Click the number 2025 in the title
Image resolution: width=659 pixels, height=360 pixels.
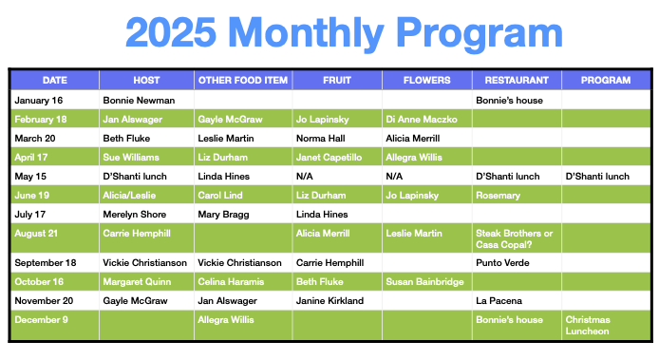pos(171,32)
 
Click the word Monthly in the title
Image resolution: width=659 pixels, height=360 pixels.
pos(306,34)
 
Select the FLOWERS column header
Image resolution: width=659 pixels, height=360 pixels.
pos(426,80)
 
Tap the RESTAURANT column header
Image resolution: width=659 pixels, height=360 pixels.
pos(517,80)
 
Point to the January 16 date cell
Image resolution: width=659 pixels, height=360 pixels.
pos(39,100)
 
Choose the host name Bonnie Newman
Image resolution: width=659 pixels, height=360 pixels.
pos(139,100)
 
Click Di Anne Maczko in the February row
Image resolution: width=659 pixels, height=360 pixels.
pos(422,119)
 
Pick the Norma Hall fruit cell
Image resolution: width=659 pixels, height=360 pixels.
pos(321,138)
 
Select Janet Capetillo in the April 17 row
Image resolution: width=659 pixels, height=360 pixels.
pos(329,158)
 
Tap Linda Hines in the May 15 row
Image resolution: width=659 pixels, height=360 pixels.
pos(223,177)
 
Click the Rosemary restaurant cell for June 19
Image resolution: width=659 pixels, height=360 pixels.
pos(498,195)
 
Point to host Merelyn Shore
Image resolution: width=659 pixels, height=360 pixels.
pos(135,214)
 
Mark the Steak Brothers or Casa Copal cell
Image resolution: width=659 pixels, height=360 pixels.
pos(514,238)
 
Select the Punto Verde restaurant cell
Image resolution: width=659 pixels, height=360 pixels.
pos(502,263)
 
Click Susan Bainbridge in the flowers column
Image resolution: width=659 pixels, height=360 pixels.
pos(424,282)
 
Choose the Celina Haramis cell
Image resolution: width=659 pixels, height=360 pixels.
pos(231,282)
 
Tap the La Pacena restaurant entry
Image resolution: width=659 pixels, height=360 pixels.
pos(499,301)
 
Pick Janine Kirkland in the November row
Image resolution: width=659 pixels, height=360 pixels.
pos(329,301)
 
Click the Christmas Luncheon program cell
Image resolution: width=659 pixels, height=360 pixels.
pos(588,325)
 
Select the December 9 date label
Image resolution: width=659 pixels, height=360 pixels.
pos(41,319)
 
